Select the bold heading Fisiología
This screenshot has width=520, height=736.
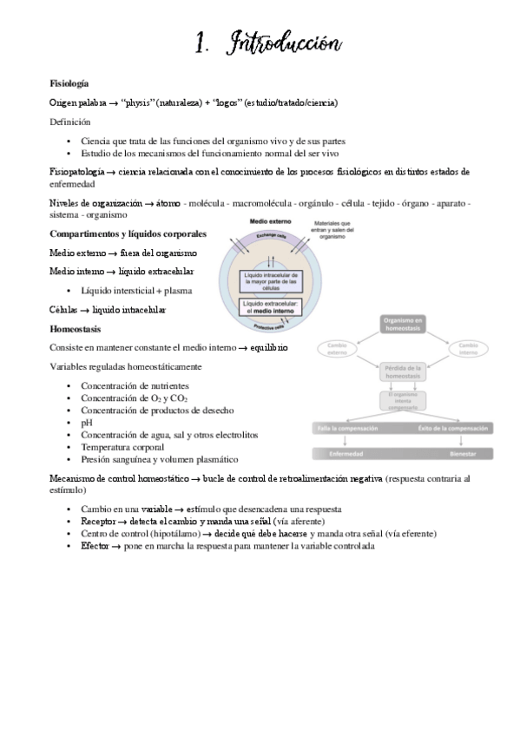69,83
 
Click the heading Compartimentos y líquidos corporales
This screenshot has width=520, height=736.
128,234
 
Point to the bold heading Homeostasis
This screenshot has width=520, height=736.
76,329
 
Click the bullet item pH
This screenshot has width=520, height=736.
86,422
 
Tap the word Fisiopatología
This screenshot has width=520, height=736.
76,172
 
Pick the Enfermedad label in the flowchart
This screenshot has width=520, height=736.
346,454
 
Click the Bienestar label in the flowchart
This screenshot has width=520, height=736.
463,454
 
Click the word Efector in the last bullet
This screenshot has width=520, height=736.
95,547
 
